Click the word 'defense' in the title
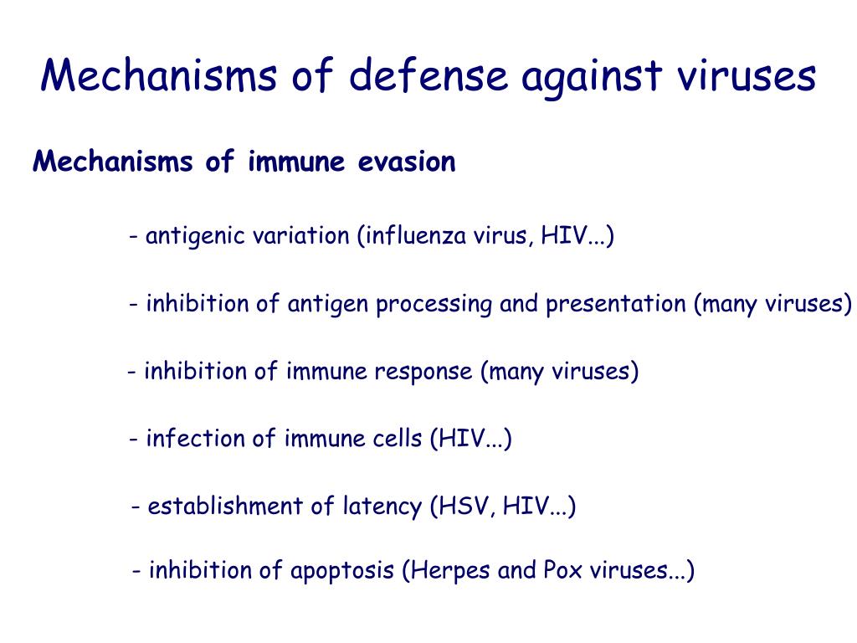point(428,76)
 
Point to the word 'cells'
point(395,439)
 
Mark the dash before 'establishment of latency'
point(136,507)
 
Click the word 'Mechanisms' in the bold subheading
point(114,161)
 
